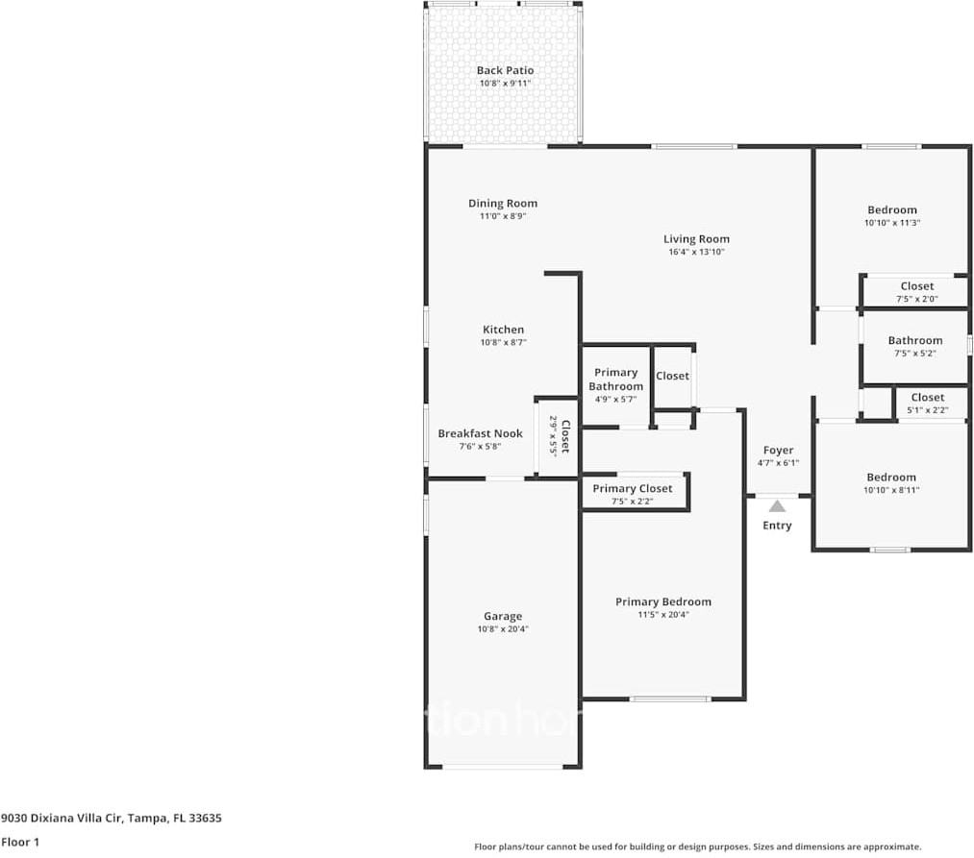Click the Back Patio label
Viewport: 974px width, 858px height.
click(505, 70)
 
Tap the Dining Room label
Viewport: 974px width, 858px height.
click(503, 203)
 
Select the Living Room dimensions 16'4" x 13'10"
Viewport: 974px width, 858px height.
click(696, 252)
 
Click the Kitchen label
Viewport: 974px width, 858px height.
click(503, 330)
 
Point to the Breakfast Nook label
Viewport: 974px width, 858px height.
click(480, 433)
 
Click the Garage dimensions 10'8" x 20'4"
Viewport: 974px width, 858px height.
click(503, 629)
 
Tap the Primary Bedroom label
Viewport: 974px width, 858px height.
click(663, 602)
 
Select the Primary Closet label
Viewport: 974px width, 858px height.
click(633, 489)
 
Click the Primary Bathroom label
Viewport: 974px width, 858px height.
click(615, 380)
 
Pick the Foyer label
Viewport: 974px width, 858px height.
click(778, 450)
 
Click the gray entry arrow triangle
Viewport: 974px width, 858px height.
click(777, 506)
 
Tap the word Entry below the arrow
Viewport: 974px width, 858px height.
click(777, 526)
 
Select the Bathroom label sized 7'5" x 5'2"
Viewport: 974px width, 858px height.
click(914, 340)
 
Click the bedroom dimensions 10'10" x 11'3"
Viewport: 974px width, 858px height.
click(891, 222)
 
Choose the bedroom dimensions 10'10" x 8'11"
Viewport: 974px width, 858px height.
click(891, 490)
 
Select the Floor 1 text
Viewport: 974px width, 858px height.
click(20, 843)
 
